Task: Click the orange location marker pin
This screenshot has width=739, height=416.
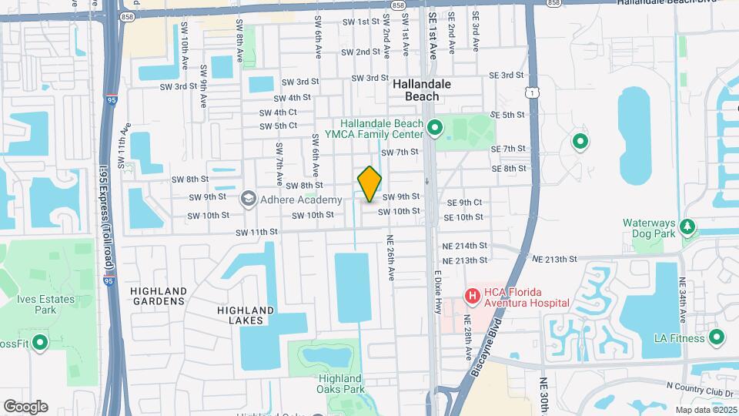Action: [370, 184]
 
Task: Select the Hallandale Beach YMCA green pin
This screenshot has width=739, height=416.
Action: [434, 128]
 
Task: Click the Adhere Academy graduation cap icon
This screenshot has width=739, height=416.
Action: [249, 200]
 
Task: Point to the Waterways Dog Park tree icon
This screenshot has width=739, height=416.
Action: [687, 227]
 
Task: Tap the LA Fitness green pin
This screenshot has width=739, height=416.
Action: [717, 337]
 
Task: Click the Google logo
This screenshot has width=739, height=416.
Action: [25, 407]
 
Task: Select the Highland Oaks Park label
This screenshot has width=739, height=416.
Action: [339, 384]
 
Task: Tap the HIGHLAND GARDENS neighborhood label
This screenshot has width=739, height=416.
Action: [159, 296]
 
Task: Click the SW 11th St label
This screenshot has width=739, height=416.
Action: [256, 232]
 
